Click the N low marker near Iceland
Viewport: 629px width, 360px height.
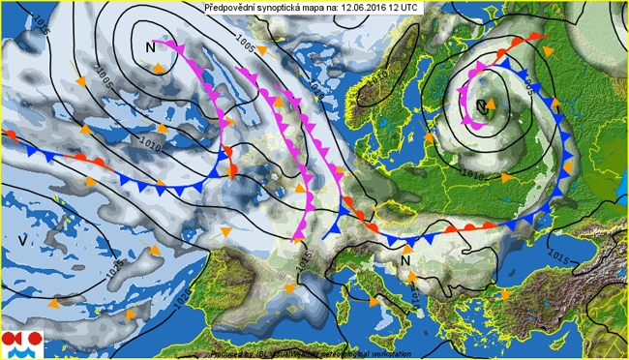pos(150,47)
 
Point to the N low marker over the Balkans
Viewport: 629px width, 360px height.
pos(405,259)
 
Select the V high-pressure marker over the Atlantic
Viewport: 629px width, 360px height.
pos(21,238)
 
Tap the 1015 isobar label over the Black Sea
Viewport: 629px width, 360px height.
pos(557,255)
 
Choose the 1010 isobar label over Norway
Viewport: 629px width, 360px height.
pos(379,74)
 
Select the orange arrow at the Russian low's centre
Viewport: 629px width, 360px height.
pos(490,105)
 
